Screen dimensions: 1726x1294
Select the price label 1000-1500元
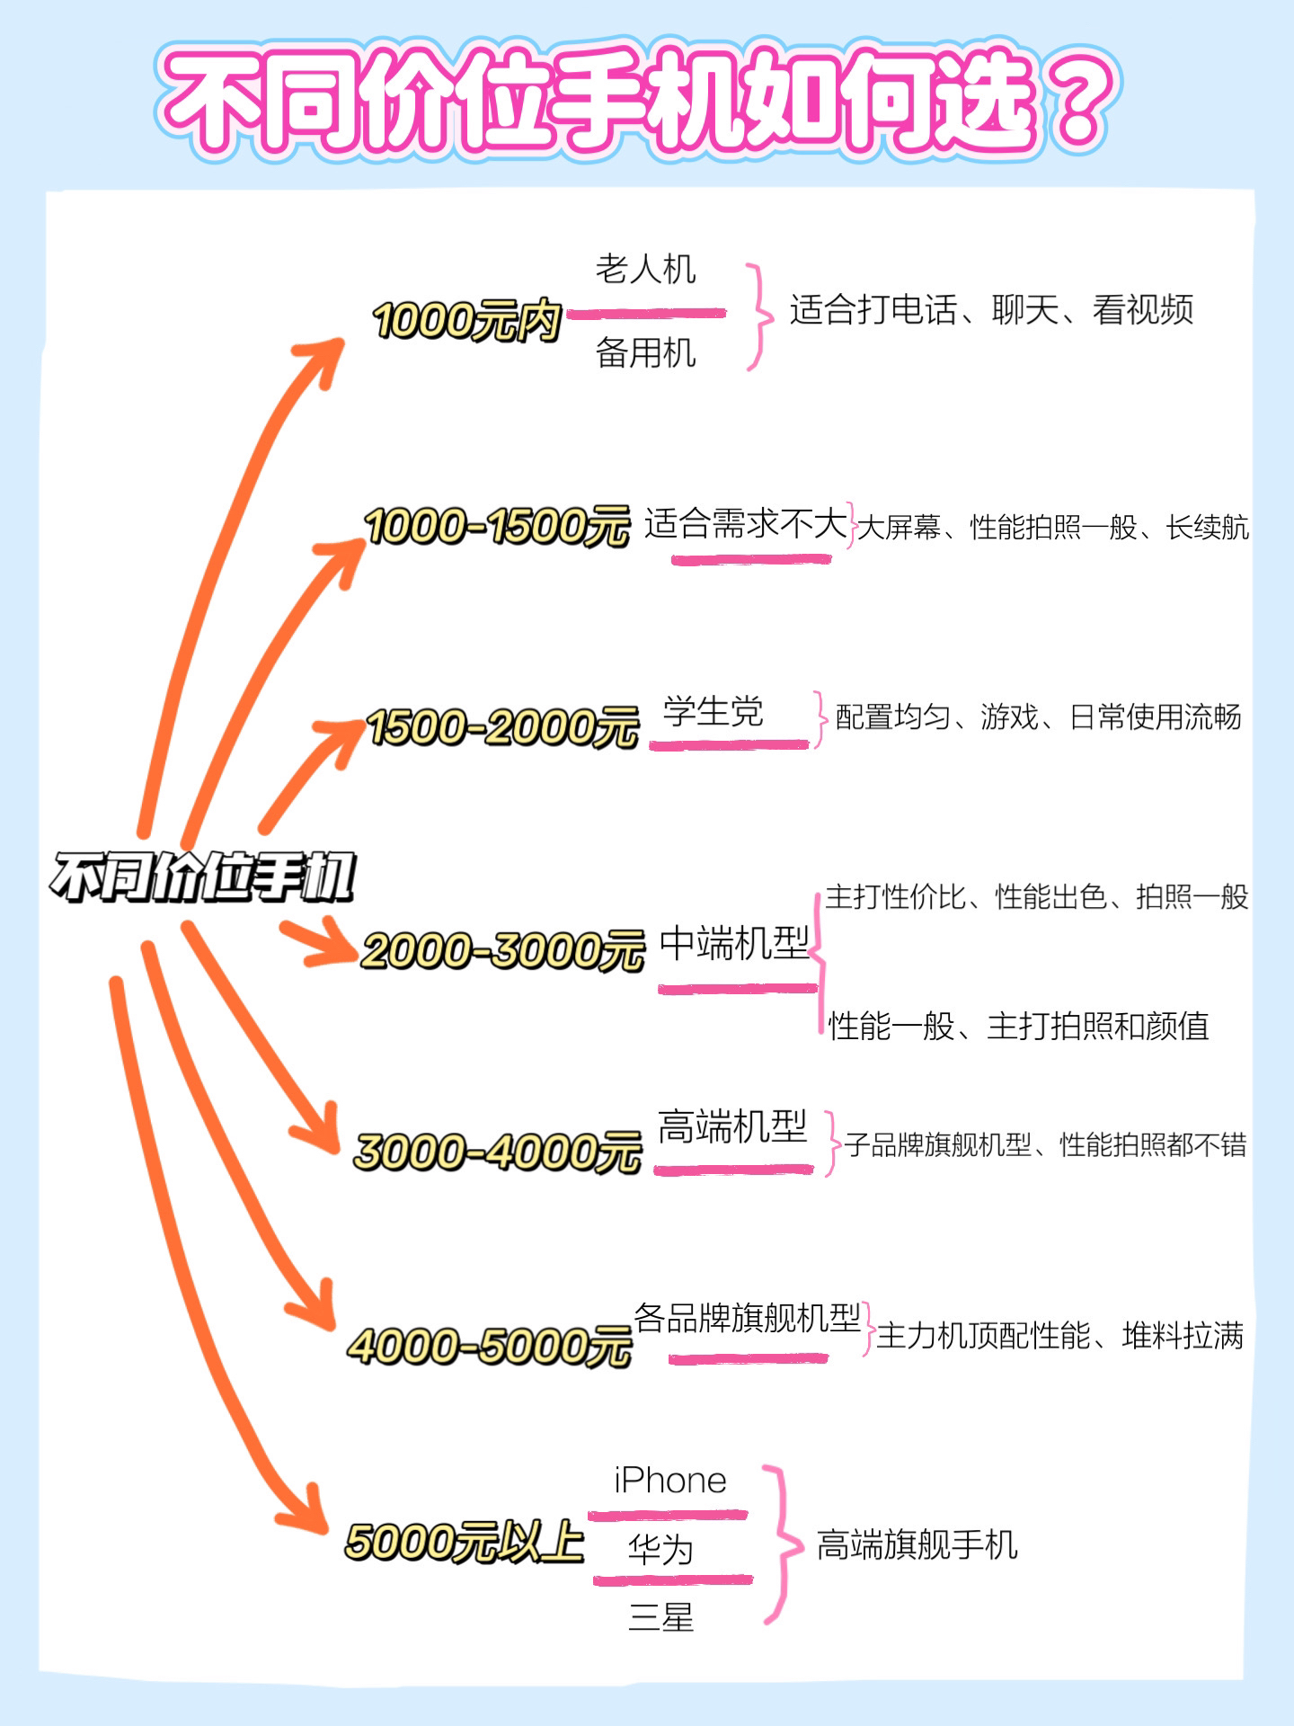point(497,526)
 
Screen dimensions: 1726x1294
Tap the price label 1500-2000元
point(502,726)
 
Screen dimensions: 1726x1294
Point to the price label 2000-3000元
point(502,950)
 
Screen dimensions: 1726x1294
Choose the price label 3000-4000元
point(497,1152)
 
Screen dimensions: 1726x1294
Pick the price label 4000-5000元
point(490,1347)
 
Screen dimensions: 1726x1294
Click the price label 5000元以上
point(465,1542)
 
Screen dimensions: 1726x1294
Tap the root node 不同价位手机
point(203,877)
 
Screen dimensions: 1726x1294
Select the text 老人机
point(645,269)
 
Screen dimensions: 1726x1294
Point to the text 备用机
point(645,352)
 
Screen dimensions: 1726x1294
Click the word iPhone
point(670,1481)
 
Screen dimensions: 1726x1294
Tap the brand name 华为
point(660,1550)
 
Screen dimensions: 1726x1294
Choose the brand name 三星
point(660,1619)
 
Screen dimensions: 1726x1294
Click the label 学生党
point(713,711)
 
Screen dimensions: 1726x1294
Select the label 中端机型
point(734,943)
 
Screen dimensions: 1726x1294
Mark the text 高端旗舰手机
point(917,1545)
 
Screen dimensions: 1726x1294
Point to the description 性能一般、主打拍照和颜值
point(1018,1026)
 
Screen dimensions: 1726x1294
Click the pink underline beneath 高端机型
point(733,1170)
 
